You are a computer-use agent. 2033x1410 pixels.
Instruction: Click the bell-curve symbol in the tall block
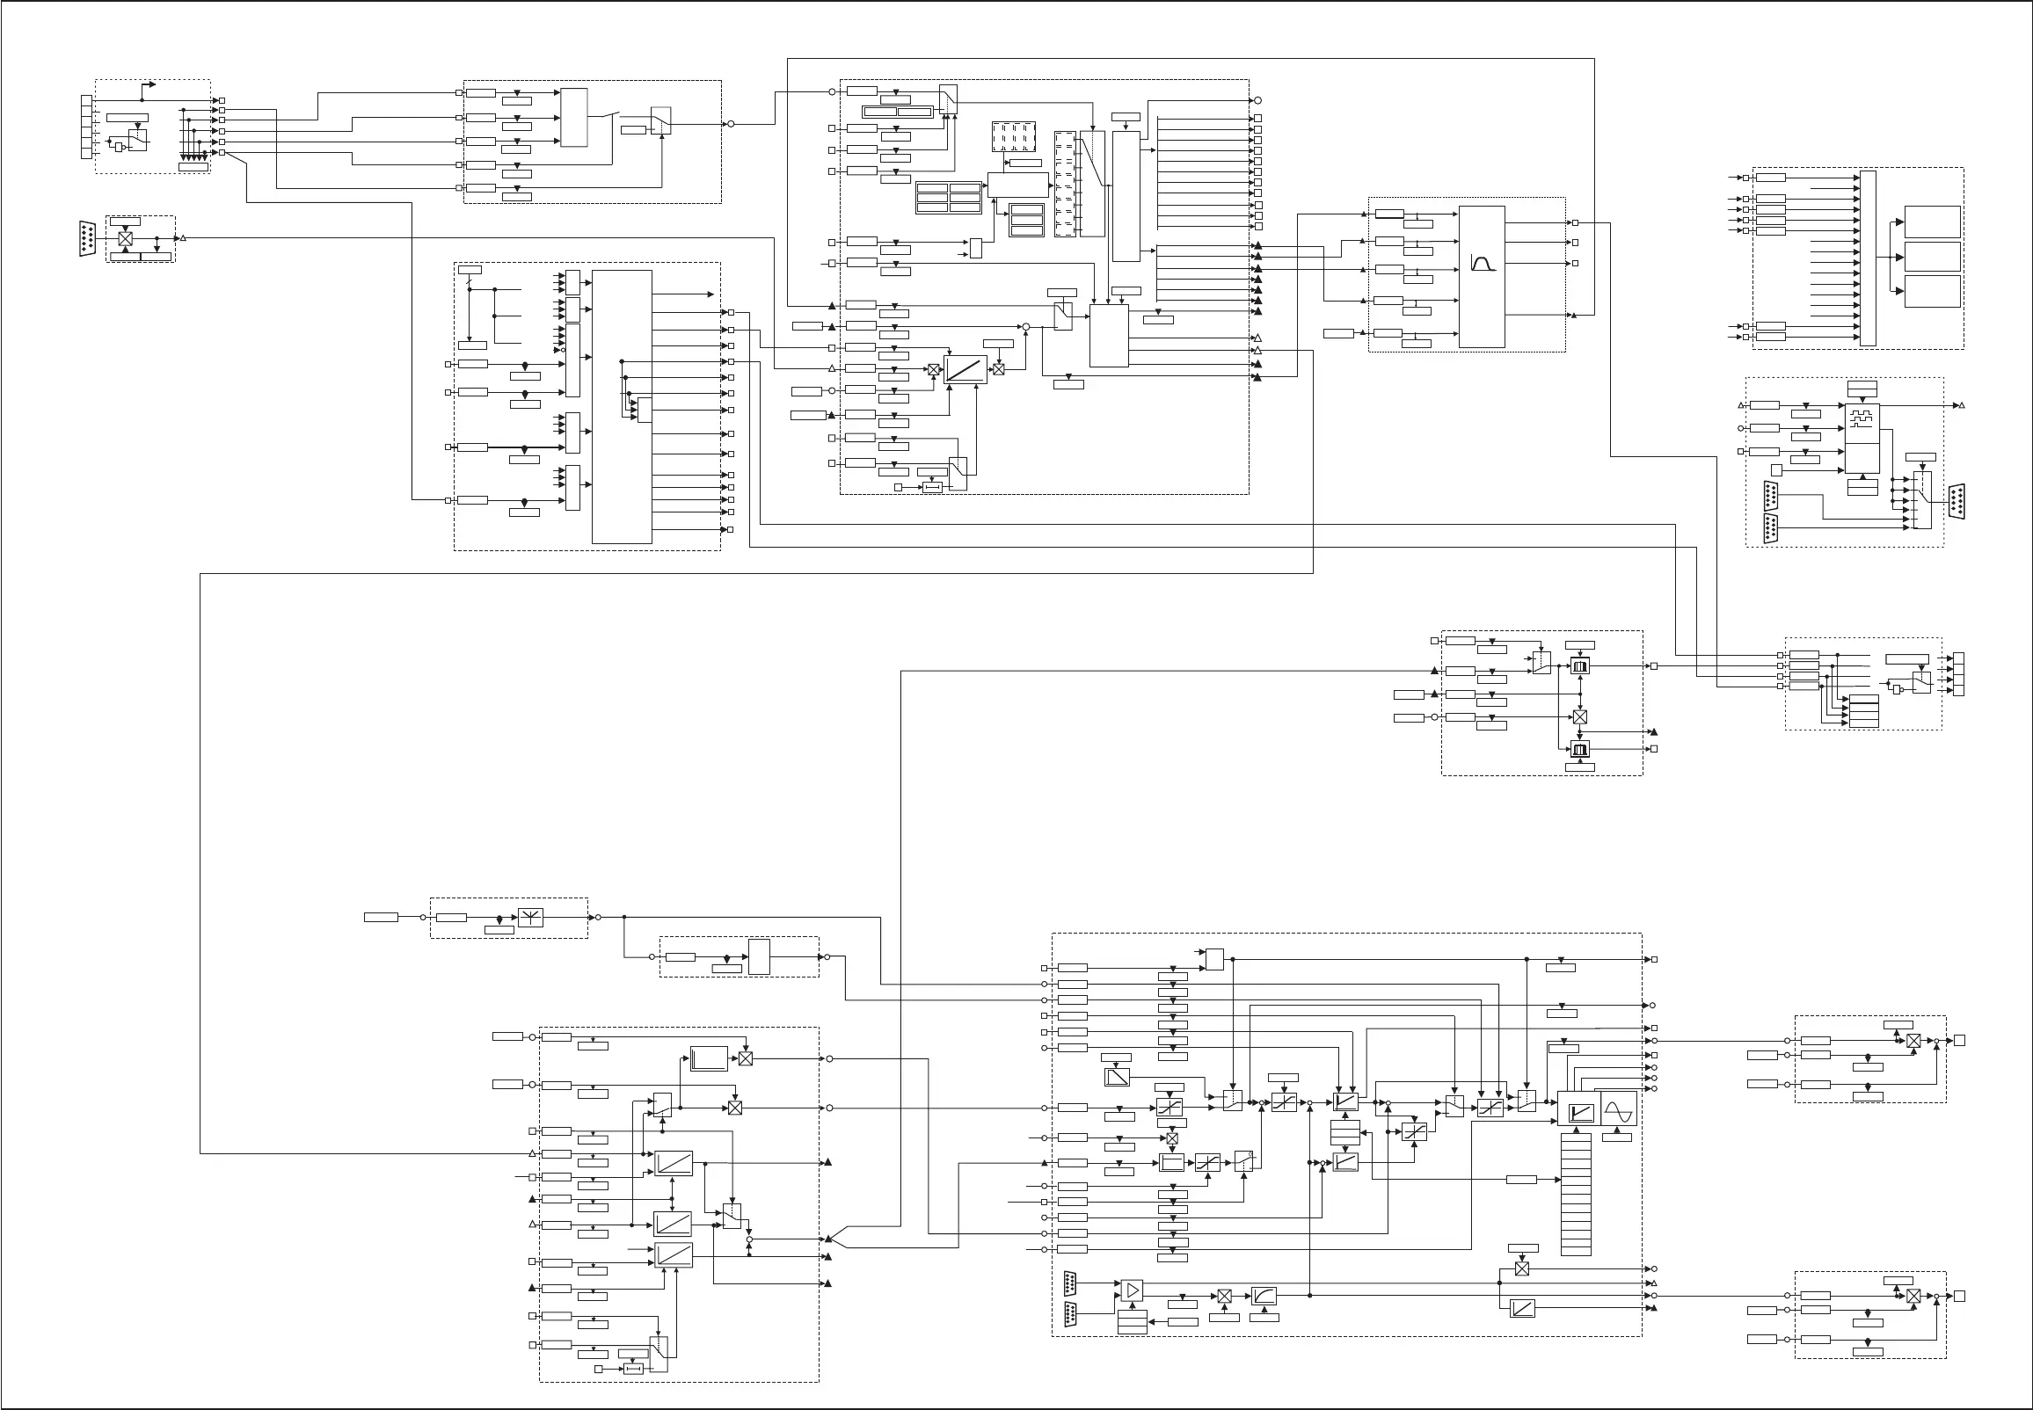coord(1482,262)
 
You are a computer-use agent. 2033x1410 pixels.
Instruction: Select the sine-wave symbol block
coord(1619,1108)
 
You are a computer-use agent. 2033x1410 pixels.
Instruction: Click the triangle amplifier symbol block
coord(1132,1290)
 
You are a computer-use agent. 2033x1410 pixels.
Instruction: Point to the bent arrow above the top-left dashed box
coord(149,85)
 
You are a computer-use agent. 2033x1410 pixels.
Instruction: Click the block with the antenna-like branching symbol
coord(530,917)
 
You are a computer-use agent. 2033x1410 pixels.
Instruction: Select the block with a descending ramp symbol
coord(1117,1077)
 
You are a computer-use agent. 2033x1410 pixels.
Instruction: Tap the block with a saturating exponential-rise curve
coord(1264,1296)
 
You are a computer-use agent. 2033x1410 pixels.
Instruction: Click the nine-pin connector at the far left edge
coord(86,238)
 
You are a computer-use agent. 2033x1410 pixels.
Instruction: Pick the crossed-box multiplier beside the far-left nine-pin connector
coord(126,239)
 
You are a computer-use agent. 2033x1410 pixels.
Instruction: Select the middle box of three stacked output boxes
coord(1932,256)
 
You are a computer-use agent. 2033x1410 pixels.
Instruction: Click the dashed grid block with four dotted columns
coord(1012,137)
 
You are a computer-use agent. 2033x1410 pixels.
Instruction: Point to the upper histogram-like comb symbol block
coord(1580,666)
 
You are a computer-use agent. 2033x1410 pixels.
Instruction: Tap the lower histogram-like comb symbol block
coord(1580,749)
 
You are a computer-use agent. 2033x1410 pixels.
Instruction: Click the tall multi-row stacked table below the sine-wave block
coord(1576,1194)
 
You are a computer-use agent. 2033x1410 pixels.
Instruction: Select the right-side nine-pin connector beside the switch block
coord(1956,502)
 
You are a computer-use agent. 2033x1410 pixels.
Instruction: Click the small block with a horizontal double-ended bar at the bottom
coord(633,1369)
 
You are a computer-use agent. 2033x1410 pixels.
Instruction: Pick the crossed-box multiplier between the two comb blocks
coord(1580,717)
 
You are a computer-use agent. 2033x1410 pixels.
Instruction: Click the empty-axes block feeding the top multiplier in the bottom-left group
coord(708,1058)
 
